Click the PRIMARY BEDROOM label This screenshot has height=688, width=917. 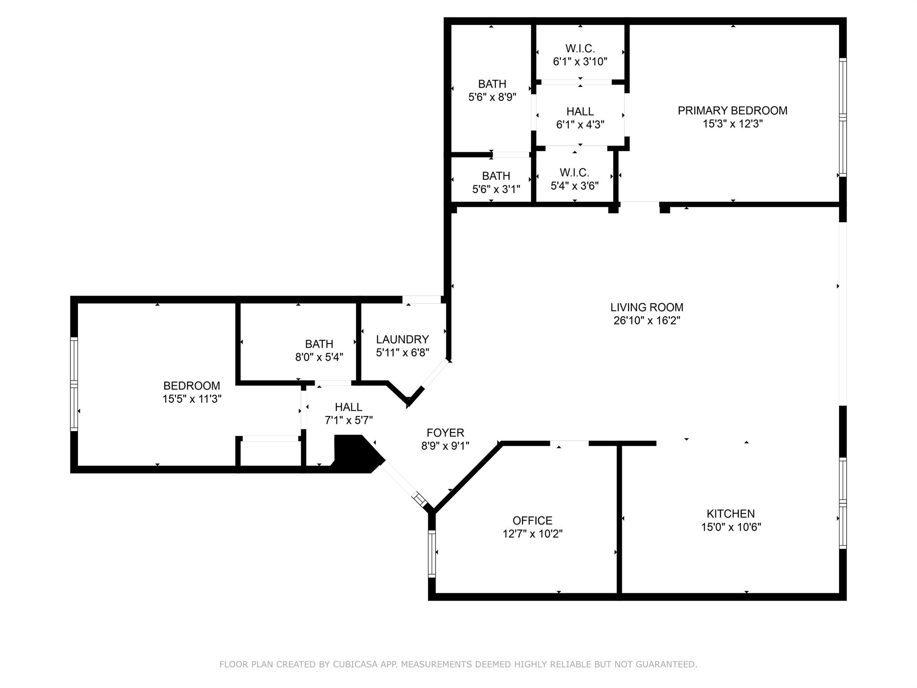[732, 111]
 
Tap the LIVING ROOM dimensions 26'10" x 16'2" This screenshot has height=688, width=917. [647, 320]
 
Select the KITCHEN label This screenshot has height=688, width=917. [730, 514]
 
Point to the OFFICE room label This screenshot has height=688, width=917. [532, 520]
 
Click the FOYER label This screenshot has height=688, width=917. [445, 433]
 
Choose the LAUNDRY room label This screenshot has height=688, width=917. [402, 340]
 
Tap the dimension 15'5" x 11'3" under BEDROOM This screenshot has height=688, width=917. [192, 399]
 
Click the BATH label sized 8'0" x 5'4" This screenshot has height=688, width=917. [319, 344]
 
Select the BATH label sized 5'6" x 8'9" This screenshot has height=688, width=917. [492, 84]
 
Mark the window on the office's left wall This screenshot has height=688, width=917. [432, 554]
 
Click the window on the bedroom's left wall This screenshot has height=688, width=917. [74, 384]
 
